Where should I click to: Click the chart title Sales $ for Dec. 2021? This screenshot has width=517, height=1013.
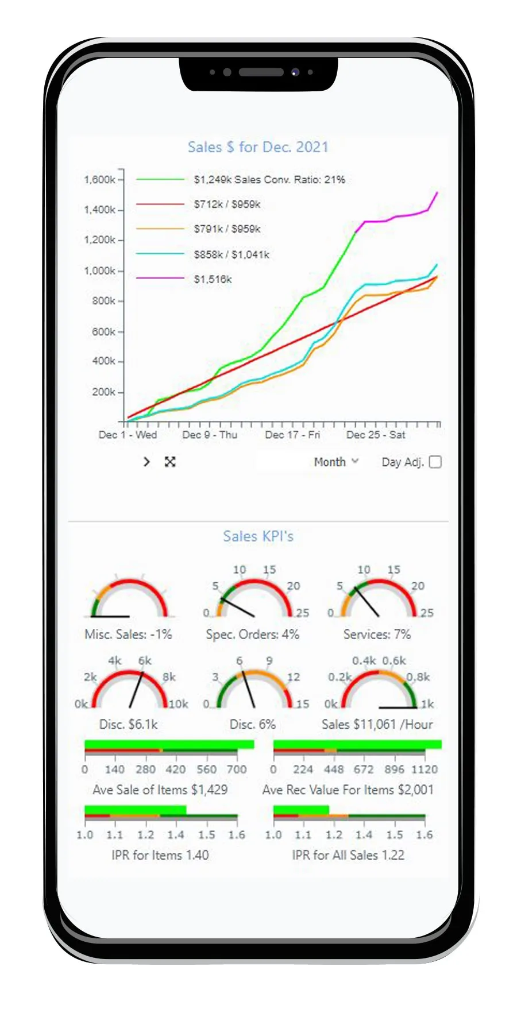(x=258, y=147)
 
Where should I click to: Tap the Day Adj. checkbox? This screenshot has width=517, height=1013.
(x=435, y=462)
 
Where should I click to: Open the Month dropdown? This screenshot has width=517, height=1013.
(x=336, y=462)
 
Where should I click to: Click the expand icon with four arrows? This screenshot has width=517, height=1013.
(x=170, y=462)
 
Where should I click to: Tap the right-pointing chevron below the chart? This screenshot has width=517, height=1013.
(x=146, y=462)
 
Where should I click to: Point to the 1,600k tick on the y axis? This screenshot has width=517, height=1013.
(x=99, y=180)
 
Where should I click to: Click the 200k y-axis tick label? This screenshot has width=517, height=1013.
(x=103, y=392)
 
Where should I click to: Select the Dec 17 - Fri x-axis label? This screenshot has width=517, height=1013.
(x=292, y=435)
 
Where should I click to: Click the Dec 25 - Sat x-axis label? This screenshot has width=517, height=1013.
(x=376, y=435)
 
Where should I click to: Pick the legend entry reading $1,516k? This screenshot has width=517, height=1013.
(x=213, y=280)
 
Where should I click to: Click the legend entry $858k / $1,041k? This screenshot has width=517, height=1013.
(x=232, y=254)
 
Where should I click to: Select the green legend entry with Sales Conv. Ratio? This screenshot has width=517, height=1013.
(x=269, y=180)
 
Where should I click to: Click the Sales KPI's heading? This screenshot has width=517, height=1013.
(x=258, y=536)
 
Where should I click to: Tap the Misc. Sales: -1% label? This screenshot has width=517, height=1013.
(x=128, y=635)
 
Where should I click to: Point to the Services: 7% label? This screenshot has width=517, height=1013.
(x=377, y=635)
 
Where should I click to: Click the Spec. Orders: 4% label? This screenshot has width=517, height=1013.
(x=253, y=635)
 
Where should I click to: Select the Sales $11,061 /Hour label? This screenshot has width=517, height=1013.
(x=377, y=724)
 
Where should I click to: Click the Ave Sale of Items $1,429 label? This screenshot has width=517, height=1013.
(x=160, y=790)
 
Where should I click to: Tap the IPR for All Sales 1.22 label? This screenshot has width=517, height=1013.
(x=348, y=855)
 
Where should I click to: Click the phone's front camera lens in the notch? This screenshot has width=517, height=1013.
(x=295, y=72)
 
